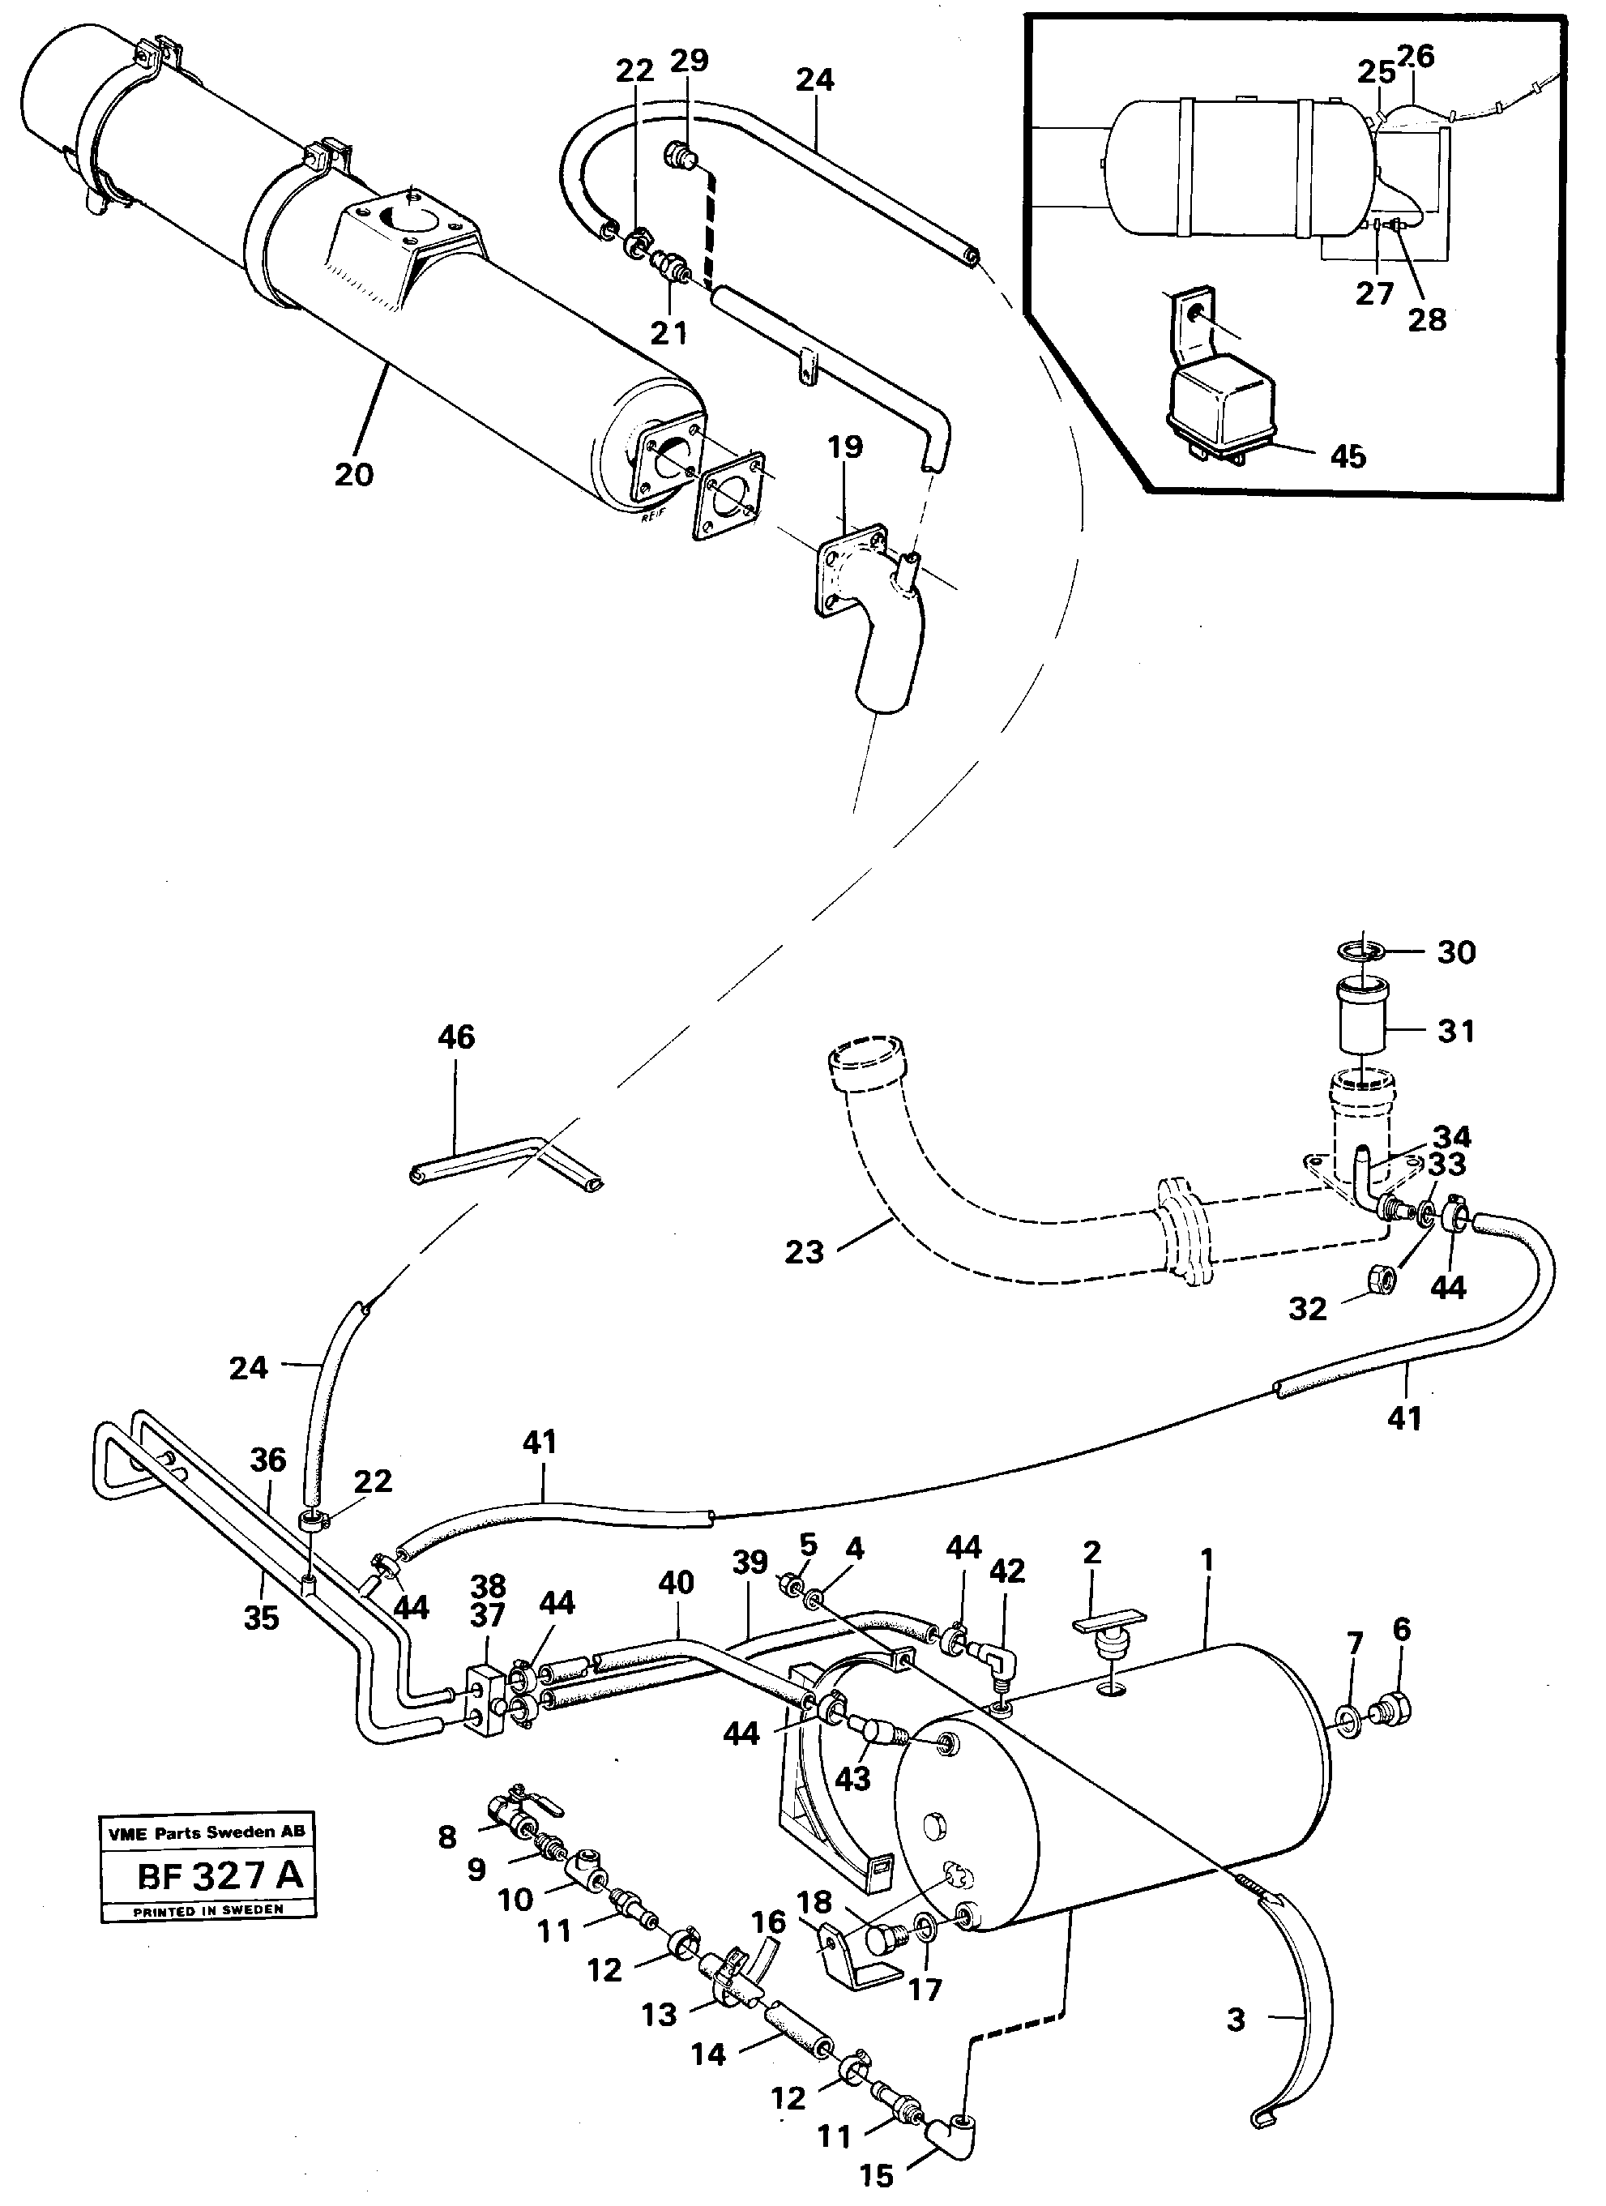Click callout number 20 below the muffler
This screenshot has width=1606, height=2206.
point(353,475)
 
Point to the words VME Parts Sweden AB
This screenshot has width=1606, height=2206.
point(207,1832)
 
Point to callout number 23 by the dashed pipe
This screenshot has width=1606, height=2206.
point(804,1252)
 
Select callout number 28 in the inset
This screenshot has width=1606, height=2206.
point(1427,319)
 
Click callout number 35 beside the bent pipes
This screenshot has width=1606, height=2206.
point(261,1618)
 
